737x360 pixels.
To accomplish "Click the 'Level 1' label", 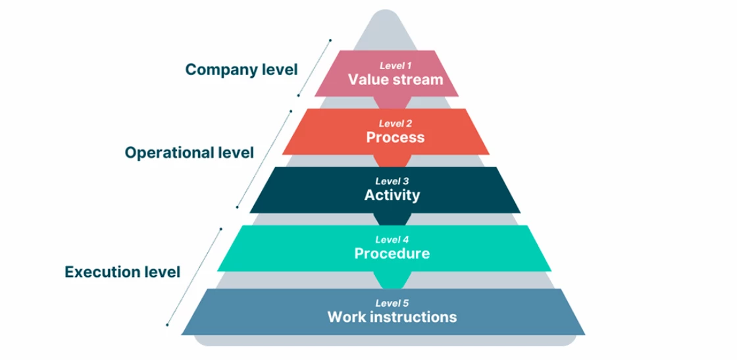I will [395, 65].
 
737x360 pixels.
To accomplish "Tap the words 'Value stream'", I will [395, 80].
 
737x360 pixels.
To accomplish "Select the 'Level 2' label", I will [395, 123].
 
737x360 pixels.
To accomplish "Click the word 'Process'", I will [395, 138].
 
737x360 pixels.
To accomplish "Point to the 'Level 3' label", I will [392, 181].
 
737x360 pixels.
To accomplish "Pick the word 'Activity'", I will [392, 195].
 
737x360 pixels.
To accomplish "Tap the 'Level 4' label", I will [392, 240].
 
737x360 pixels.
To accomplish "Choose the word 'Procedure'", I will [392, 253].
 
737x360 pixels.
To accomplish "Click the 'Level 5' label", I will [392, 303].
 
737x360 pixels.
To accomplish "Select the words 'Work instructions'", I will [392, 317].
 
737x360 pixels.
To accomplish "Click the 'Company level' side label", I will [241, 69].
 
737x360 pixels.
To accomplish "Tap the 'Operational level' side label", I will [189, 153].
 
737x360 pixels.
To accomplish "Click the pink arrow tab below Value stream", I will [393, 102].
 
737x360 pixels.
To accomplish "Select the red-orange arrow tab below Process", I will [393, 160].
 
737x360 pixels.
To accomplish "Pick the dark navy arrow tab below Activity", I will [393, 219].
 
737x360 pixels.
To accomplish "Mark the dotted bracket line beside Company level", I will [314, 67].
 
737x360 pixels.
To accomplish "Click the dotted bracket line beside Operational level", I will [264, 158].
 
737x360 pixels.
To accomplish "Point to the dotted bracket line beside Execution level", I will [194, 276].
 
